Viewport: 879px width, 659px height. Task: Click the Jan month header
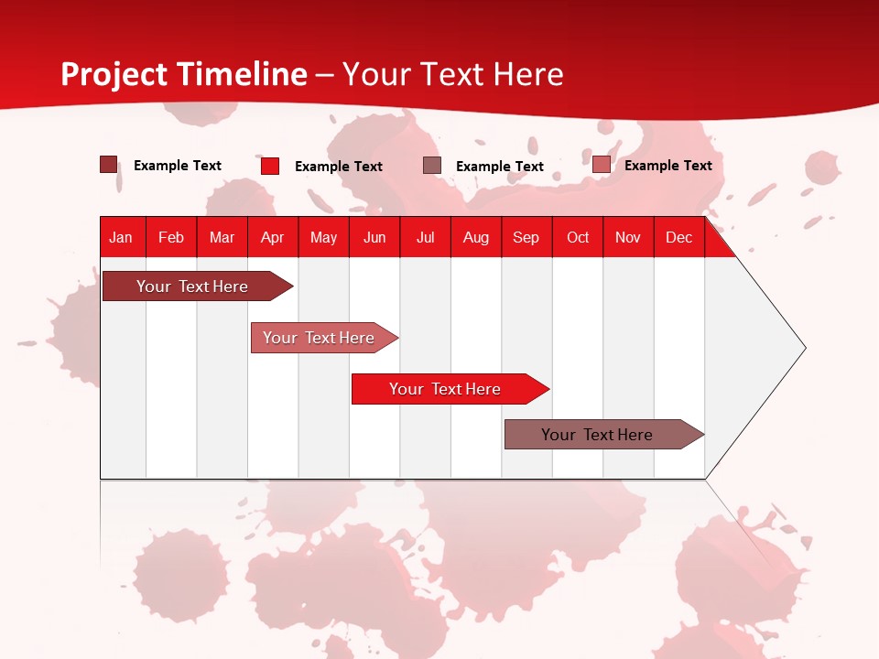(121, 237)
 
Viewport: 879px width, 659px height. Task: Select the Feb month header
(171, 237)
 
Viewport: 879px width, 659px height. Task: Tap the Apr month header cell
(272, 237)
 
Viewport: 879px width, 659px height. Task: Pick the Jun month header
(374, 237)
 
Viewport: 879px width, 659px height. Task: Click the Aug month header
(475, 237)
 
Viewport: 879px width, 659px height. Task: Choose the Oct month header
(578, 237)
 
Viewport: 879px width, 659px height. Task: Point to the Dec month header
(678, 237)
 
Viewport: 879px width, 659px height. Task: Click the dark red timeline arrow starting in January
(192, 286)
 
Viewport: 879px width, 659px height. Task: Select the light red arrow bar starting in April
(319, 338)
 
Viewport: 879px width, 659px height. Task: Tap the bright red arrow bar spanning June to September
(445, 389)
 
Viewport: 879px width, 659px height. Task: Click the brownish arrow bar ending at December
(597, 435)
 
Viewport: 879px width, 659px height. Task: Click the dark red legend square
(108, 165)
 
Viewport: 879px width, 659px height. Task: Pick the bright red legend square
(269, 166)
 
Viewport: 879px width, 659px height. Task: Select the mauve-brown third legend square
(432, 166)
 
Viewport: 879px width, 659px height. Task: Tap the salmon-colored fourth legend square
(601, 165)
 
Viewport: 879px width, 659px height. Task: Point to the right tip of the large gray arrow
(803, 347)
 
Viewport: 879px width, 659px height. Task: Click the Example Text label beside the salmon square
(667, 165)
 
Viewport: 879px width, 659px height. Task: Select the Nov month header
(628, 237)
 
